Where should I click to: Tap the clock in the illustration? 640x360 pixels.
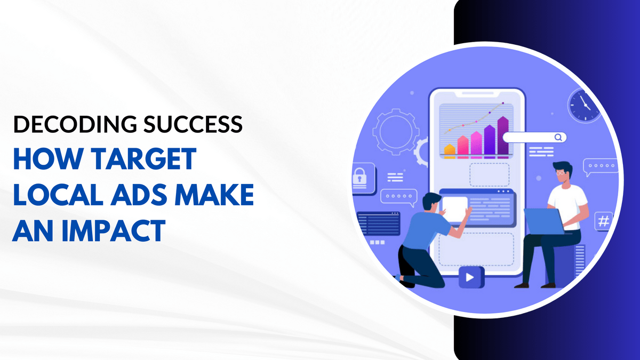(585, 105)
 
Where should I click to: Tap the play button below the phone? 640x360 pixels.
(470, 277)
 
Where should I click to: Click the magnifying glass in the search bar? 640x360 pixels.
(558, 137)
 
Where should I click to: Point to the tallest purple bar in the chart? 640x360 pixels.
(502, 137)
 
